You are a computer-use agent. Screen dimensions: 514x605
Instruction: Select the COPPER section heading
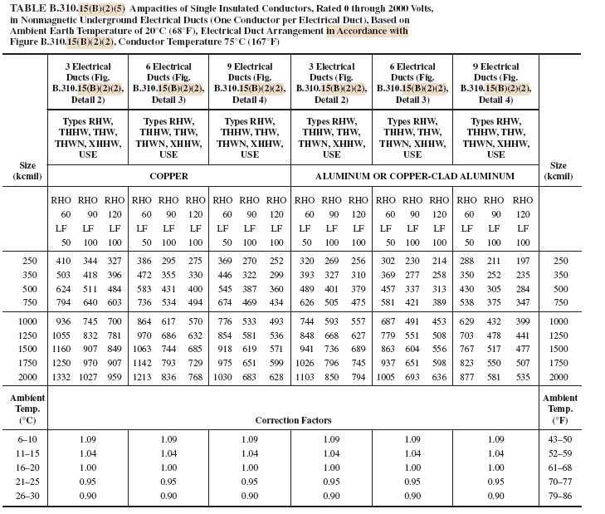[x=168, y=176]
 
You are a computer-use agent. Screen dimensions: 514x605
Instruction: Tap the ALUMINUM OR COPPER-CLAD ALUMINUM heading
[x=415, y=176]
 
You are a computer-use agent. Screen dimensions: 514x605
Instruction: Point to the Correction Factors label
[x=293, y=421]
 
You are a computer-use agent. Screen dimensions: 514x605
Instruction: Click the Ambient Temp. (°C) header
[x=27, y=409]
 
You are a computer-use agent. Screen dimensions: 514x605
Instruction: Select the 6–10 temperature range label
[x=27, y=439]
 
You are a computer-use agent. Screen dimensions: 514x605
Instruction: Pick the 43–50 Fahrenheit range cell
[x=561, y=439]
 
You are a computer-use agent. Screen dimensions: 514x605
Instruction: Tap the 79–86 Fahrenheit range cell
[x=561, y=496]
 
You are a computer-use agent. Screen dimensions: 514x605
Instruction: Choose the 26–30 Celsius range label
[x=27, y=496]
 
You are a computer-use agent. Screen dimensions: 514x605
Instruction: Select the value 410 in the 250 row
[x=62, y=261]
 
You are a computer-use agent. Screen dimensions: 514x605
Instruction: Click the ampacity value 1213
[x=142, y=378]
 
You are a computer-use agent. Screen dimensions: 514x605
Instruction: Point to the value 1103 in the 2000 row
[x=305, y=378]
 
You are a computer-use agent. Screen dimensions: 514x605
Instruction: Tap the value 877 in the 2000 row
[x=467, y=378]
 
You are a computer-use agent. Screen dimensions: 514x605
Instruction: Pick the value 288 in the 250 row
[x=467, y=261]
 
